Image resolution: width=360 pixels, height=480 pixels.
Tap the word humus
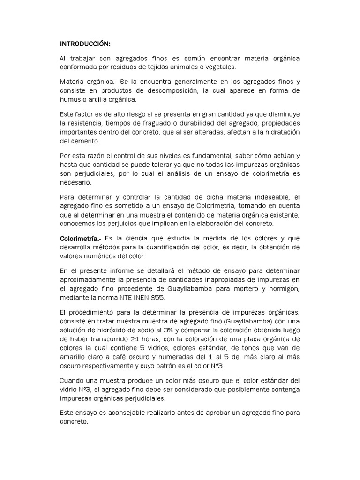point(71,99)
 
